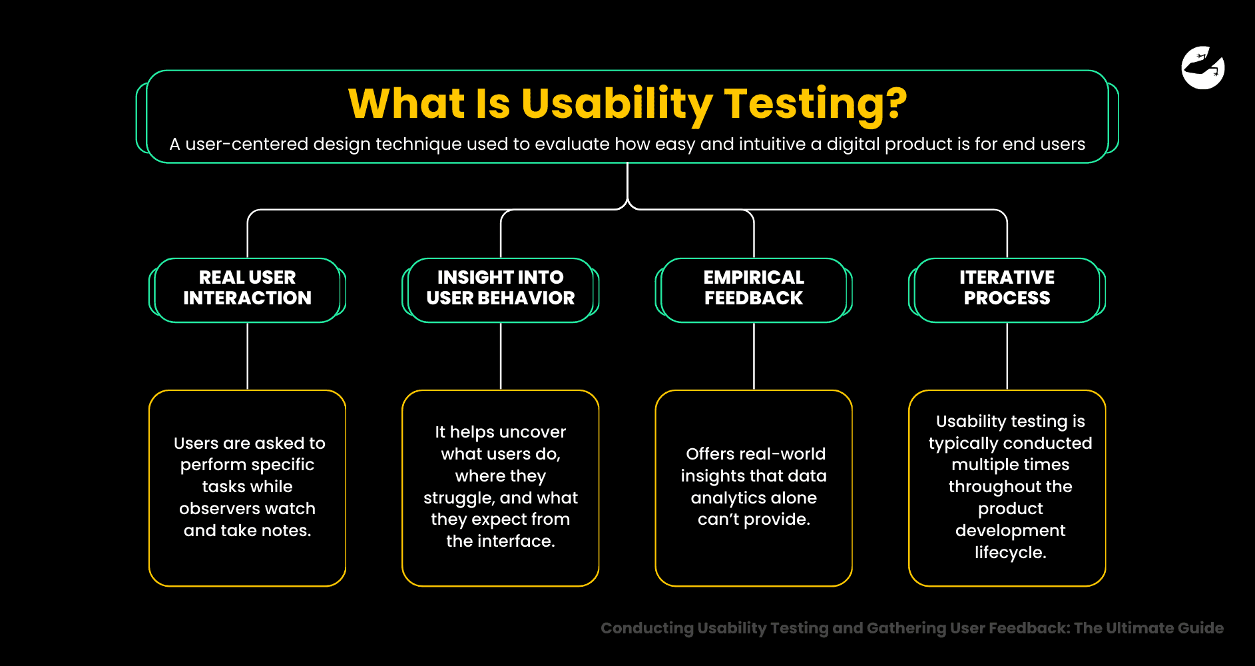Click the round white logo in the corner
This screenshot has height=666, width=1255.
[1202, 68]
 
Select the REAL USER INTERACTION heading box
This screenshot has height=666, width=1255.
[247, 289]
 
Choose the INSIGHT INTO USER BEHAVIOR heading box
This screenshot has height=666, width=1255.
[500, 289]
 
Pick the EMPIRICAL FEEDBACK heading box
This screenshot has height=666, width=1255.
[753, 289]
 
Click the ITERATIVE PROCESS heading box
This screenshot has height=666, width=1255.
[1007, 289]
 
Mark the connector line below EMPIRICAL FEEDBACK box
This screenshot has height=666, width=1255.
[754, 356]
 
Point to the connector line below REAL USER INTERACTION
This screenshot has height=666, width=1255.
[248, 356]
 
